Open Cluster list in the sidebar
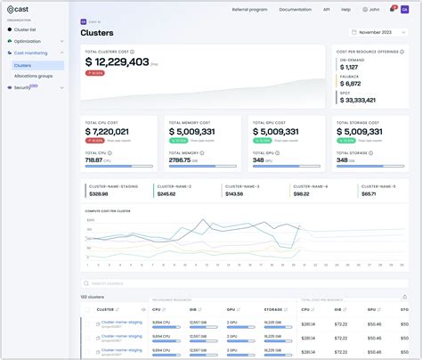[x=25, y=29]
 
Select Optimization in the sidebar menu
[x=28, y=41]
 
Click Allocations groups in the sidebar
[x=33, y=76]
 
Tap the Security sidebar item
[x=22, y=87]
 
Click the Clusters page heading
[x=96, y=32]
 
